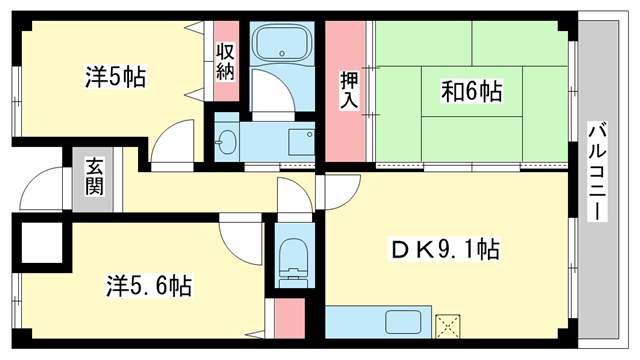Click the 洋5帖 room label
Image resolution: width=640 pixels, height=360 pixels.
click(115, 77)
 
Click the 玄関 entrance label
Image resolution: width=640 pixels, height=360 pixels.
click(93, 177)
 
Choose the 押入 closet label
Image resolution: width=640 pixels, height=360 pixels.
click(348, 89)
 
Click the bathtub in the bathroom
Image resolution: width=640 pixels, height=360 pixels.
click(282, 44)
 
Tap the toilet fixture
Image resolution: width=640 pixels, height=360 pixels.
click(294, 258)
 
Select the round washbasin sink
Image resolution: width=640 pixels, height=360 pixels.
click(226, 141)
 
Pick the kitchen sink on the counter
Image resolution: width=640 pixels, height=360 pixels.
click(404, 323)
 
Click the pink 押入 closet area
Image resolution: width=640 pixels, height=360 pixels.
click(348, 130)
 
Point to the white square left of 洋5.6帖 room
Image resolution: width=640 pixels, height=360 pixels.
click(38, 243)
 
